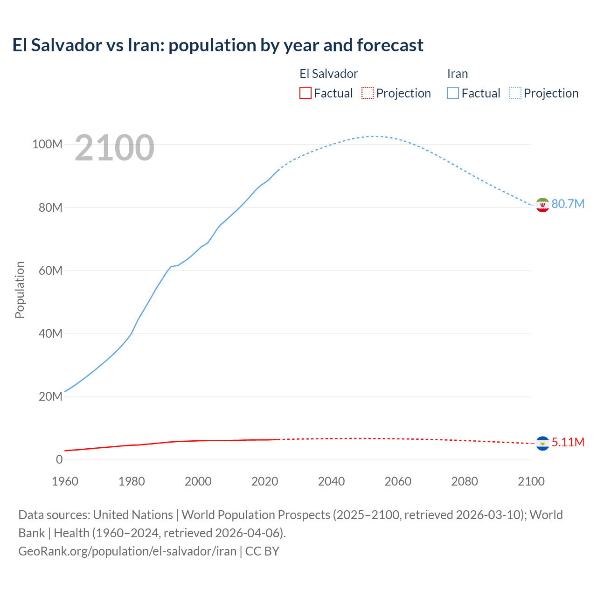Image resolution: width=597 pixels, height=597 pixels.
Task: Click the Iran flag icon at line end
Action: pos(542,205)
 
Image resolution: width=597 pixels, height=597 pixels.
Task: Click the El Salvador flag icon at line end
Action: pos(542,443)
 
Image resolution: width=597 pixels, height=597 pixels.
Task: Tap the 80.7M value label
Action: pos(568,204)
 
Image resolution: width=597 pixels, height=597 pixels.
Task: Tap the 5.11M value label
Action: pos(568,443)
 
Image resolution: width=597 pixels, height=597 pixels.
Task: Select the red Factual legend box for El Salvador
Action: pos(305,93)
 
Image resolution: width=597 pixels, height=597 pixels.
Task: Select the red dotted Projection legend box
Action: pos(368,93)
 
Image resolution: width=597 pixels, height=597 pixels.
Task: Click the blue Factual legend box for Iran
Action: pos(452,93)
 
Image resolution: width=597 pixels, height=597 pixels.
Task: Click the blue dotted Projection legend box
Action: pos(515,93)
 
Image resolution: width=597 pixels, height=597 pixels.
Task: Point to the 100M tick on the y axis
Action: pos(47,145)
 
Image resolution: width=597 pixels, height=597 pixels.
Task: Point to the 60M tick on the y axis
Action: pos(50,271)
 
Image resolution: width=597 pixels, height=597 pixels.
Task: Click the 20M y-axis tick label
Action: pos(50,397)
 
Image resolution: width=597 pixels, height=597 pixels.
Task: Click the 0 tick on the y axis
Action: pos(59,460)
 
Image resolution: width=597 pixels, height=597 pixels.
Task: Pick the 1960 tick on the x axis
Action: pos(65,482)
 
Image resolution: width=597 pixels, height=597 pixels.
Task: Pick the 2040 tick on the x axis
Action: pos(331,482)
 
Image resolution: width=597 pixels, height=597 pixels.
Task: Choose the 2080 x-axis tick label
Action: pos(465,482)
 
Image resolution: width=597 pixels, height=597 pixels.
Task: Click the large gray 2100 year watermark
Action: pos(114,148)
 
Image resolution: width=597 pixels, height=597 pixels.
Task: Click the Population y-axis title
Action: pos(20,290)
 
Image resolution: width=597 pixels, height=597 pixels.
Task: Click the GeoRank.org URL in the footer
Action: pos(127,551)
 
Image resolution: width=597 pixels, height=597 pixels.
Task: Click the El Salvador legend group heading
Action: pos(328,74)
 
